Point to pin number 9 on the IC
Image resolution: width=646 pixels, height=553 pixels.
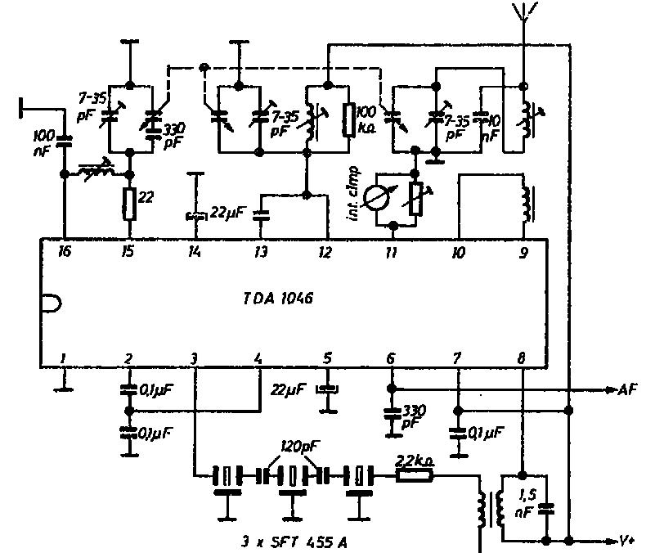[523, 252]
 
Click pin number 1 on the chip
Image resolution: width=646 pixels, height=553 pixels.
[63, 358]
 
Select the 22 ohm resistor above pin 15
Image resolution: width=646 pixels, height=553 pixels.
[128, 200]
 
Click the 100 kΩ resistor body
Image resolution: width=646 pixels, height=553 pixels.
[349, 120]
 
